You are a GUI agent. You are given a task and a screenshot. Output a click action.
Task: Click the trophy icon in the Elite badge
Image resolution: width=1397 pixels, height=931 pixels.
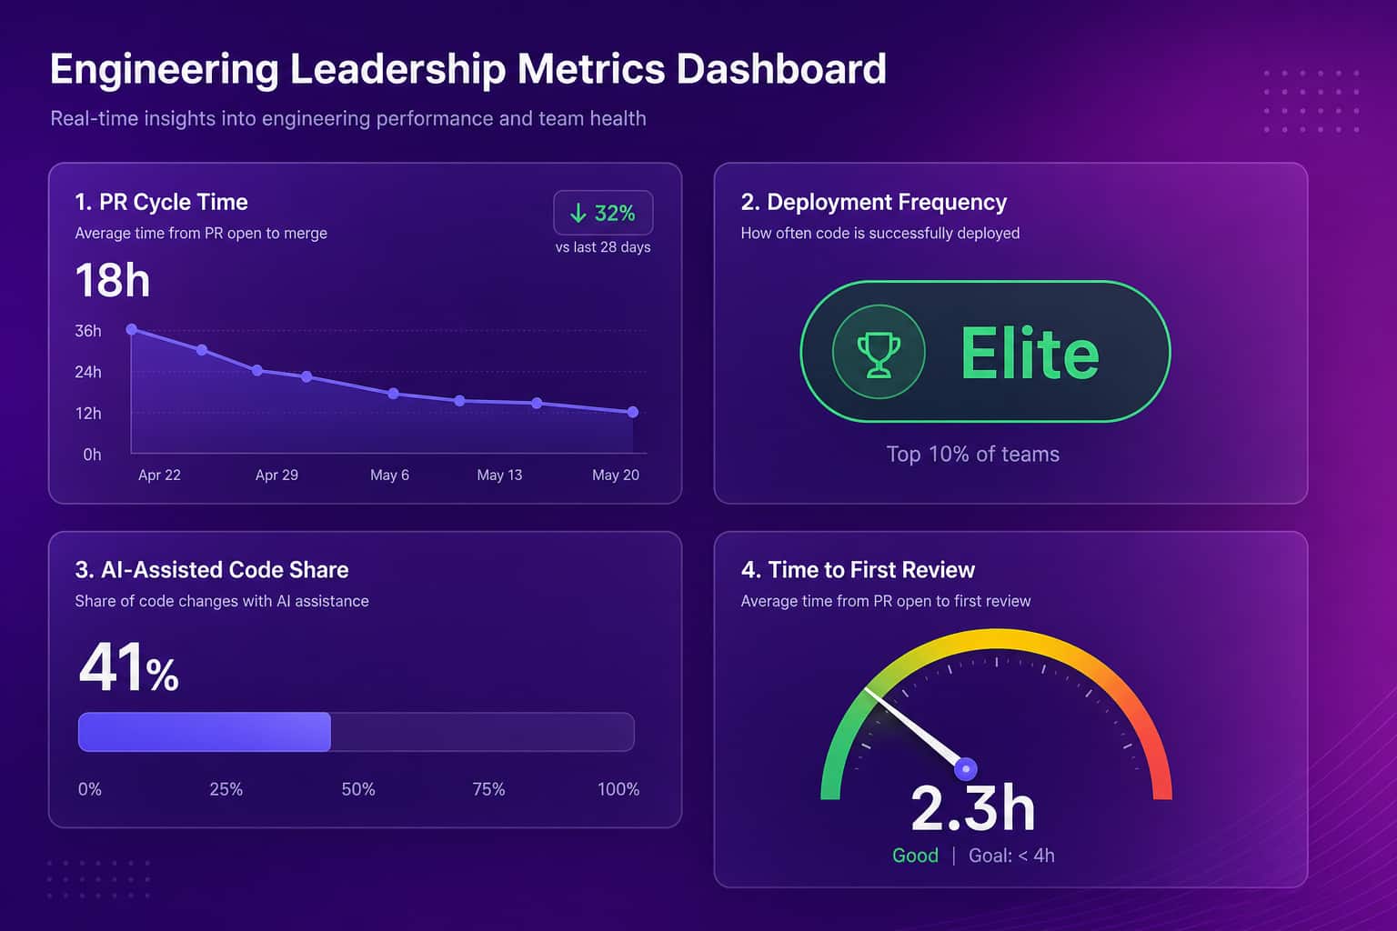(879, 354)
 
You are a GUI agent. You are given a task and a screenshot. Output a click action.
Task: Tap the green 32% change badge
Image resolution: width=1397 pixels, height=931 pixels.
(603, 213)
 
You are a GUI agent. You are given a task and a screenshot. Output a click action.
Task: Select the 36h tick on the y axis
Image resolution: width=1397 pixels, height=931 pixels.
(88, 331)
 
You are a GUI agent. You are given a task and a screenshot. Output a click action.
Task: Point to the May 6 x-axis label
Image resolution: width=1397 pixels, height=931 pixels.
(389, 476)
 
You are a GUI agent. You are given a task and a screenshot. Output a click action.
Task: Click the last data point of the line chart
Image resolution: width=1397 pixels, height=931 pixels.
(632, 412)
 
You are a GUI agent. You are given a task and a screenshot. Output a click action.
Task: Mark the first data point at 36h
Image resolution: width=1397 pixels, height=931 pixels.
(132, 329)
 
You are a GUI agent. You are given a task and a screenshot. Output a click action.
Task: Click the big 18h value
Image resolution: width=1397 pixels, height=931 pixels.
(113, 280)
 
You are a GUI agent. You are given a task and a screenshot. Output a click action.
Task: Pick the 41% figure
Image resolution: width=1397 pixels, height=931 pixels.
(129, 667)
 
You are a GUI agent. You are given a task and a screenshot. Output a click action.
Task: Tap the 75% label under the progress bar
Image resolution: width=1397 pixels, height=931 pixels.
(488, 789)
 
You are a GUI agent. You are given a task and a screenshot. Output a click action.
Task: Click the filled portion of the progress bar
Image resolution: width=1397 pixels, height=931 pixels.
(205, 732)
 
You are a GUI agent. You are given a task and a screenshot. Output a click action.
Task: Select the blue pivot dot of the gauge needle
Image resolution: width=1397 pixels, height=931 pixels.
(965, 769)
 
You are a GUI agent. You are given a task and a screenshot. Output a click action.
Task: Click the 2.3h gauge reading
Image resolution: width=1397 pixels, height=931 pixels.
(973, 809)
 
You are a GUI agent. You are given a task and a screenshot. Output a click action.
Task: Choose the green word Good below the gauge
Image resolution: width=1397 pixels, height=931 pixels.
(915, 856)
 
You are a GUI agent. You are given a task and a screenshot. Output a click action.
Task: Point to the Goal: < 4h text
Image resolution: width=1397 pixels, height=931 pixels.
(1011, 856)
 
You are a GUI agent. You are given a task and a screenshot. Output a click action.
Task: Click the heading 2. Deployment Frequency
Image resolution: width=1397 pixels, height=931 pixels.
(874, 203)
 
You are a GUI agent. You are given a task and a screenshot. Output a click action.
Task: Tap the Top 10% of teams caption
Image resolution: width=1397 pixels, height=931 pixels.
(973, 454)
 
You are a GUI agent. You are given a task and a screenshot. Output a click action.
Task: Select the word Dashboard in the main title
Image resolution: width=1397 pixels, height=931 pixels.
(781, 68)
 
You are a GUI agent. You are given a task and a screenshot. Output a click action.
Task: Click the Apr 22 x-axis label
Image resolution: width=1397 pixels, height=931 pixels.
(159, 476)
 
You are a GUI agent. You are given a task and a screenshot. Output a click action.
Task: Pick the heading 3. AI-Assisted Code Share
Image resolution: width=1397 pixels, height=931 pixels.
(211, 570)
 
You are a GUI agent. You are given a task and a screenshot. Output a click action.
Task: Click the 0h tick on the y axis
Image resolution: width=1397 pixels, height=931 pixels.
(92, 455)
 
